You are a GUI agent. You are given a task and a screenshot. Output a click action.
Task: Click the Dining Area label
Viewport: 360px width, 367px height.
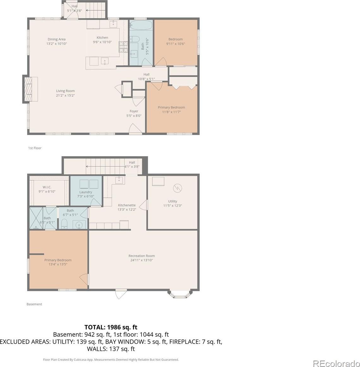click(57, 39)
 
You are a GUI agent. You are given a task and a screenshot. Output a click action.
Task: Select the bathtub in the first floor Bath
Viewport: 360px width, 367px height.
click(141, 25)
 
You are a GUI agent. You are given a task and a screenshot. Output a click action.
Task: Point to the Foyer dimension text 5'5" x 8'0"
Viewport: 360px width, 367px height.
click(134, 115)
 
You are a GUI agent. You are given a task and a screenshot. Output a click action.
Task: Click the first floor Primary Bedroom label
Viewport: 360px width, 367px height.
click(171, 107)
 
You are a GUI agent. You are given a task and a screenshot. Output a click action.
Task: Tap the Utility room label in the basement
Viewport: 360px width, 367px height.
click(173, 201)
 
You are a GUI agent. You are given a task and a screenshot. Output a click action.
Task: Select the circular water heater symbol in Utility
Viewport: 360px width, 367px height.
click(177, 188)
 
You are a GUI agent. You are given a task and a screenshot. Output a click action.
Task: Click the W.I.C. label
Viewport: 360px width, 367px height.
click(47, 187)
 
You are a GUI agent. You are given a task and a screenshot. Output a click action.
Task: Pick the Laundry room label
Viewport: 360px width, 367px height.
click(86, 192)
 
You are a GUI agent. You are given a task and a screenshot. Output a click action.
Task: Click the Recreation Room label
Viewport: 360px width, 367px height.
click(141, 256)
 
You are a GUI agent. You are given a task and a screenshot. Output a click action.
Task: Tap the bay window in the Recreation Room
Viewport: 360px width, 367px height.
click(180, 294)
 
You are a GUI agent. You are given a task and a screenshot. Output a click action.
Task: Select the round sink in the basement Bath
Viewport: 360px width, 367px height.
click(79, 225)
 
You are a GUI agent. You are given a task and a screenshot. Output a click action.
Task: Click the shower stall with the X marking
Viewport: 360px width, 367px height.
click(36, 218)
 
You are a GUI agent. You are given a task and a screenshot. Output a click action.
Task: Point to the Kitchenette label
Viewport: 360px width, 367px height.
click(127, 205)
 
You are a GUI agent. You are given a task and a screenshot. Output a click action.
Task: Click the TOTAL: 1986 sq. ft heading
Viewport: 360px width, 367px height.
click(111, 327)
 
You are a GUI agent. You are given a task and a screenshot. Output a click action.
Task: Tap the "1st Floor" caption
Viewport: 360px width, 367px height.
click(35, 148)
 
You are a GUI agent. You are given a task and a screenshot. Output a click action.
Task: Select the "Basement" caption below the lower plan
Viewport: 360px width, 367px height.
click(34, 304)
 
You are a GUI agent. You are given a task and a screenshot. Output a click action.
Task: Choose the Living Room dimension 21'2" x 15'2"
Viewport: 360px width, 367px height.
click(65, 95)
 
